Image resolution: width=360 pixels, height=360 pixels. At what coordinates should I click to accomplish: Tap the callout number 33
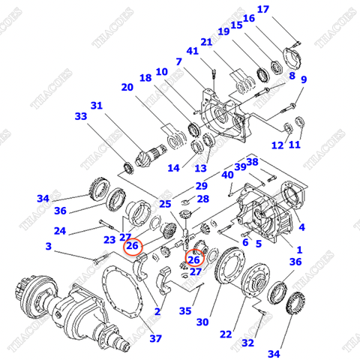pos(81,116)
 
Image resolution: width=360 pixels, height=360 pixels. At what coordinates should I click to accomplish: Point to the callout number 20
pos(127,88)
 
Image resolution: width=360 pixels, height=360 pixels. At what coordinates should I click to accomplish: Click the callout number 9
pos(304,80)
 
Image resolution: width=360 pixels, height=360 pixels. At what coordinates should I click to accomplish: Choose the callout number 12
pos(277,145)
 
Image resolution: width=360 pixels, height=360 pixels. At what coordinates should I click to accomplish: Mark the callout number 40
pos(227,174)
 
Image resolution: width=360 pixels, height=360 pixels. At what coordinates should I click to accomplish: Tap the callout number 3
pos(49,245)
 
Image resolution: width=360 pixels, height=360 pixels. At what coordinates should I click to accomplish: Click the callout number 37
pos(154,338)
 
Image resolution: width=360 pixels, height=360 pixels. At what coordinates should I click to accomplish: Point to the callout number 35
pos(184,311)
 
